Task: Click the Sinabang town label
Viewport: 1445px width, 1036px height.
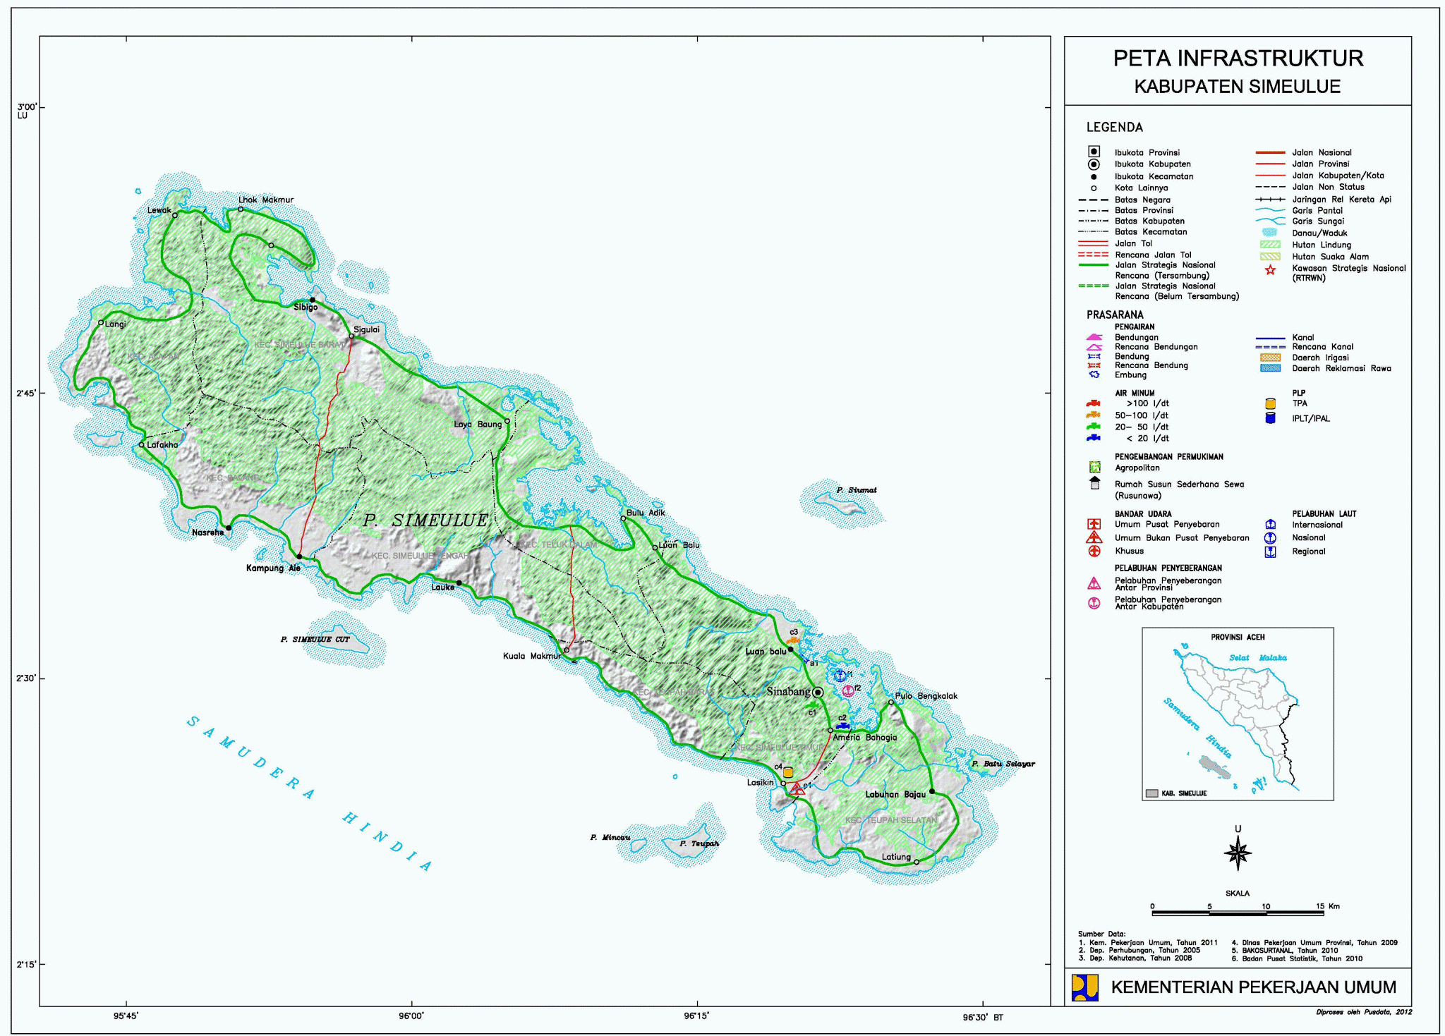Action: coord(788,692)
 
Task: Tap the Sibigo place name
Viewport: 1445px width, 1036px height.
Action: coord(306,307)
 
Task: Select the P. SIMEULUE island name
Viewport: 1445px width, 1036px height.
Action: coord(425,520)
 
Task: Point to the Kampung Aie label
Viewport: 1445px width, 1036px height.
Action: coord(273,568)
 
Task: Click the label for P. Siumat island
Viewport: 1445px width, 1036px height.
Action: coord(857,490)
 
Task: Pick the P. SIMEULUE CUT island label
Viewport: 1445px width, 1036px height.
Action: coord(315,640)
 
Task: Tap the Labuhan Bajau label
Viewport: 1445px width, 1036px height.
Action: coord(895,795)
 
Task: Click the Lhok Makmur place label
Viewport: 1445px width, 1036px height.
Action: coord(266,200)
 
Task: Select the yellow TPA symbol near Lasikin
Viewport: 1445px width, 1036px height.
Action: coord(788,773)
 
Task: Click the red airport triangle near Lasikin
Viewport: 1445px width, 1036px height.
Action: coord(797,789)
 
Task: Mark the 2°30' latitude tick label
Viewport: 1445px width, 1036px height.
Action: coord(27,678)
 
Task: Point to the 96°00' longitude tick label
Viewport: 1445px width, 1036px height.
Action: coord(411,1016)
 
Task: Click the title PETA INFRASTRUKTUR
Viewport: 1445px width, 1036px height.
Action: coord(1238,59)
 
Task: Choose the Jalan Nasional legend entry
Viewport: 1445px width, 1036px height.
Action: coord(1322,153)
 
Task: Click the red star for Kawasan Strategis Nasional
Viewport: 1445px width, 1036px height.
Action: coord(1270,270)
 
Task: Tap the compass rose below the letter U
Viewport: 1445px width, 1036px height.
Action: coord(1238,854)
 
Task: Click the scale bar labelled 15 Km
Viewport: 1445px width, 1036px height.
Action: coord(1238,913)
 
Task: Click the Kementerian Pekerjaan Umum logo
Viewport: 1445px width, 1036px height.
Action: coord(1084,987)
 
